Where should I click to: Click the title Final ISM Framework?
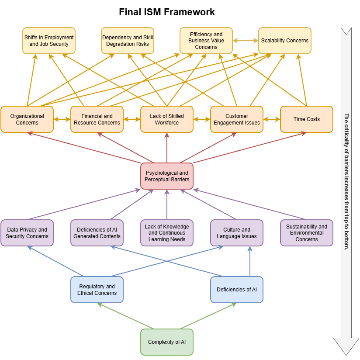click(167, 12)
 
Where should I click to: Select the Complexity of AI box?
click(167, 342)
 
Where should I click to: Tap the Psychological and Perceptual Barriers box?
click(167, 176)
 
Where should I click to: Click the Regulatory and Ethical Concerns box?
click(97, 290)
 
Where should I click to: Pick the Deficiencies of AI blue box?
click(237, 290)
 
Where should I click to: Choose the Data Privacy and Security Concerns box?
click(27, 233)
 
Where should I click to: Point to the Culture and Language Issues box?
click(237, 233)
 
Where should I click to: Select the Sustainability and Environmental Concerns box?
click(307, 233)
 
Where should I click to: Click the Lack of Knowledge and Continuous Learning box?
click(167, 233)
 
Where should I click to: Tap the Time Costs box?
click(307, 119)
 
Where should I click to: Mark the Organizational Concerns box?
click(27, 119)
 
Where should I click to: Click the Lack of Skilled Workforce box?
click(167, 119)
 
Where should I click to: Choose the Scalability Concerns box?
click(285, 41)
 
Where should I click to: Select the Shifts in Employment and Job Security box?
click(49, 41)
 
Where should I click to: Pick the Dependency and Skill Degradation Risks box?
click(128, 41)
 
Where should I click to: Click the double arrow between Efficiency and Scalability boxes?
click(246, 41)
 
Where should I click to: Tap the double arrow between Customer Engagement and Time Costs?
click(272, 119)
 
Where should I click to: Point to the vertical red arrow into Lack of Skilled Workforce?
click(167, 148)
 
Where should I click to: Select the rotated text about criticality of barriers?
click(346, 181)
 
